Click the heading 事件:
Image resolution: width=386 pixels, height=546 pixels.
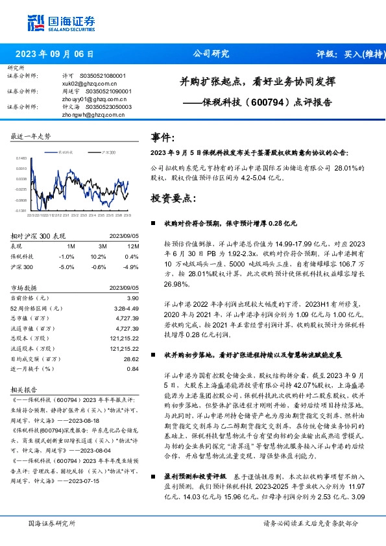(163, 138)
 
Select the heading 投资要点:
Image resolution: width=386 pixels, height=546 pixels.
(171, 197)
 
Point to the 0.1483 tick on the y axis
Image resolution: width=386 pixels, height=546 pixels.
(21, 158)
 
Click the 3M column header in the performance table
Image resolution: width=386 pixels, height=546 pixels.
(103, 247)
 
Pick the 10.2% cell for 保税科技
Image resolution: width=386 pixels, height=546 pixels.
(101, 257)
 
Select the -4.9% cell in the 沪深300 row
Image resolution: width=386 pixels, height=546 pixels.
(131, 267)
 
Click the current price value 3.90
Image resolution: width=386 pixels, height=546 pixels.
(132, 297)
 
